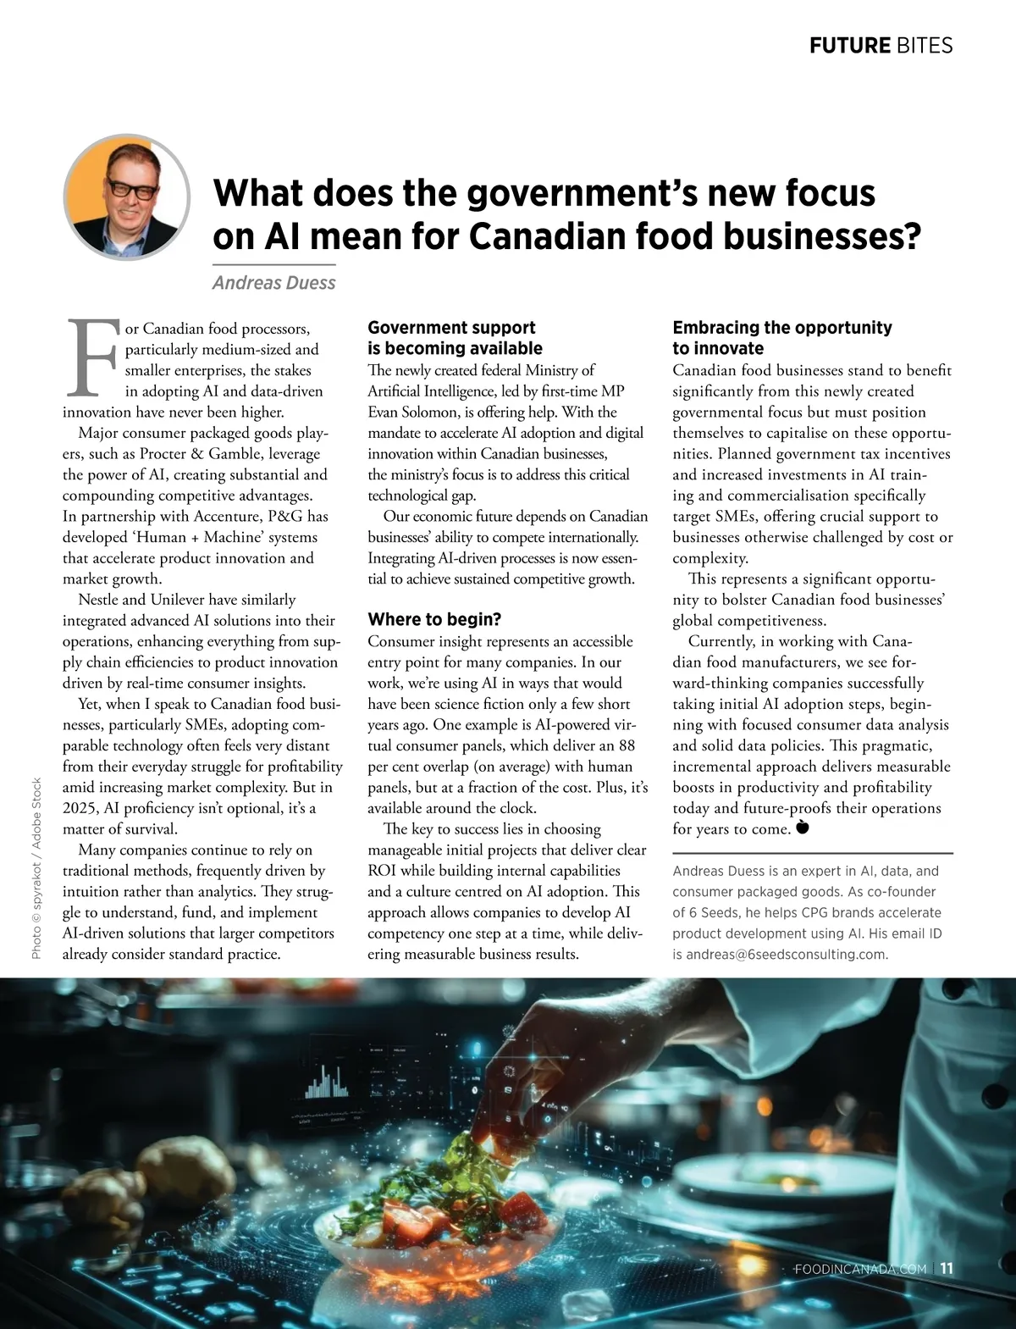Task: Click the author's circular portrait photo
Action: click(x=126, y=197)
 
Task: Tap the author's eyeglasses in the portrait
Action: click(x=132, y=188)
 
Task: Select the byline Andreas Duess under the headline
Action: click(x=273, y=282)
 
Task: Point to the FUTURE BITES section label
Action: click(x=881, y=45)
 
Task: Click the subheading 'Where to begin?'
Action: click(x=434, y=619)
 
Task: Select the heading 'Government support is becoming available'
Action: click(x=455, y=337)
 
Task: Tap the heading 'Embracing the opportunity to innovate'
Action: click(x=781, y=337)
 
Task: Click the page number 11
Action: click(x=947, y=1268)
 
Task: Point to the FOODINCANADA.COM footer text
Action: click(x=860, y=1269)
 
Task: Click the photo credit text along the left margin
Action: click(x=36, y=867)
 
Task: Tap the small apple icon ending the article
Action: click(x=803, y=827)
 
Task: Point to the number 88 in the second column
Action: click(x=627, y=745)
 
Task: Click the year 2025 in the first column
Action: click(x=80, y=808)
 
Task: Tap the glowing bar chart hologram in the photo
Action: click(x=326, y=1079)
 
